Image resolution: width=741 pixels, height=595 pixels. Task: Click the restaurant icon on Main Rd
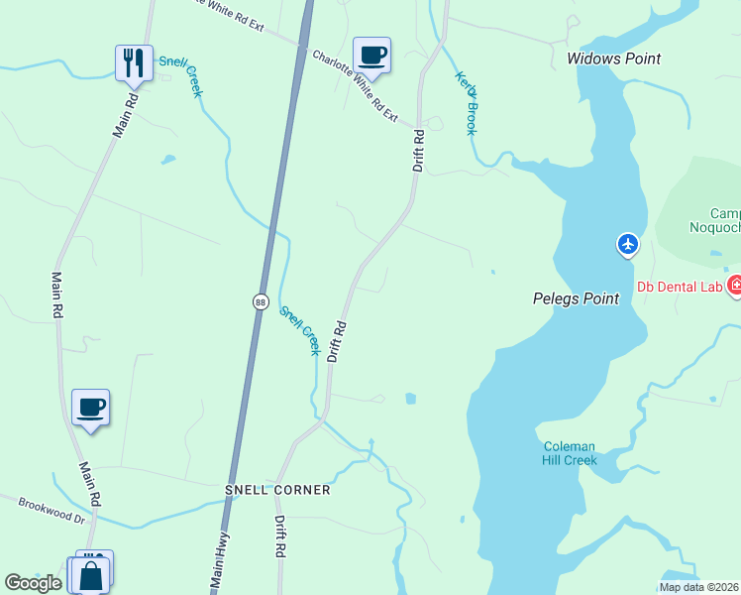point(133,62)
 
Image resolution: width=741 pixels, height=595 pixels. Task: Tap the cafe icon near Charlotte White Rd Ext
point(371,56)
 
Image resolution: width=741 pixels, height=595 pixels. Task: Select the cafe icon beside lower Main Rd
point(90,408)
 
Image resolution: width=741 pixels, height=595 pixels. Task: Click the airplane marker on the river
point(627,243)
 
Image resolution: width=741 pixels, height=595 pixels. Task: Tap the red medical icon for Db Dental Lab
point(734,287)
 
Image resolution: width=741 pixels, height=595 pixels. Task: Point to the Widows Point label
point(613,59)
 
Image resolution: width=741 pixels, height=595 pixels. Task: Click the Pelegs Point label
point(576,298)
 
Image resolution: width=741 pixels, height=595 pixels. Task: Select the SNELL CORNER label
point(277,490)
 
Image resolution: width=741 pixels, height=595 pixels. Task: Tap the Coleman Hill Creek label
point(570,453)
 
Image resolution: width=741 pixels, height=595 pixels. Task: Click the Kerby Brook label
point(467,102)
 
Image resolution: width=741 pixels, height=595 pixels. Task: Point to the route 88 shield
point(260,301)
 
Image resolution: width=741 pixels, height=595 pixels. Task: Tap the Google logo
point(34,583)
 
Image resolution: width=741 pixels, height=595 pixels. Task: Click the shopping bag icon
point(90,575)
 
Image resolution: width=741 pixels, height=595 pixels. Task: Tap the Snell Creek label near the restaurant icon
point(190,77)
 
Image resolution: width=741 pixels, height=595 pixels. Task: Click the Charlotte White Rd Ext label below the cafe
point(355,86)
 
